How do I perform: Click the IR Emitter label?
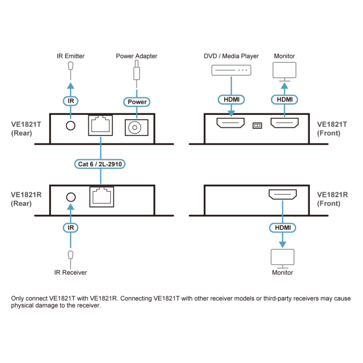[x=71, y=56]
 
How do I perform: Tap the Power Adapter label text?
[x=136, y=56]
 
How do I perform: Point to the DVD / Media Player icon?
[x=231, y=70]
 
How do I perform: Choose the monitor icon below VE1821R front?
[x=283, y=257]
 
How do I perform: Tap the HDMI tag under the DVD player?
[x=231, y=98]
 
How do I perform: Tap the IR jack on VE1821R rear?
[x=70, y=197]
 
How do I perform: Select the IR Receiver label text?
[x=71, y=273]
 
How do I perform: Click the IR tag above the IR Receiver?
[x=70, y=227]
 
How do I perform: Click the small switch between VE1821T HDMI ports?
[x=257, y=124]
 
